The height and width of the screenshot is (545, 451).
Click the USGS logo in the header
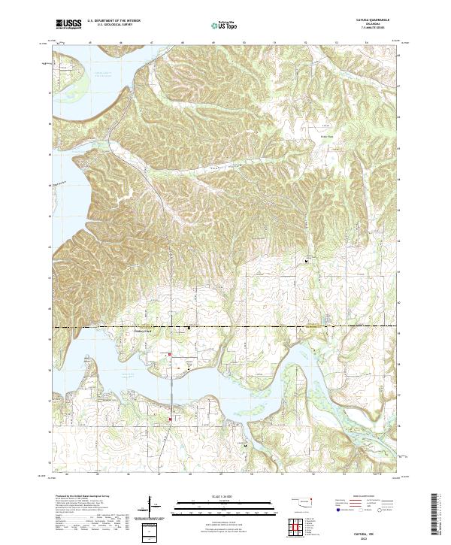point(68,25)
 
